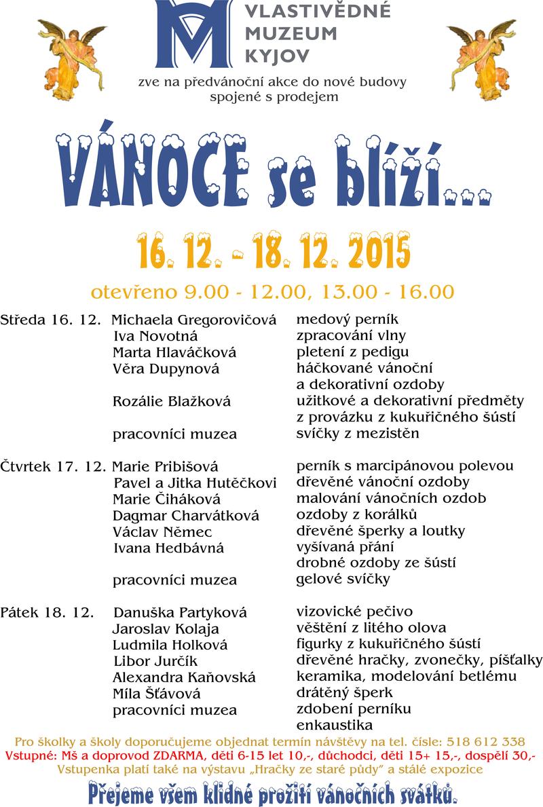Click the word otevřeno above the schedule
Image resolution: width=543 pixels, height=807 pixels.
136,292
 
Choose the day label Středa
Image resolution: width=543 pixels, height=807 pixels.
22,319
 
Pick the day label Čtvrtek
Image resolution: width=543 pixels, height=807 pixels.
28,466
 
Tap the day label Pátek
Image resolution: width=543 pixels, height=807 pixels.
20,612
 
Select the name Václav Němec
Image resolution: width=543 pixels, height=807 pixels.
162,531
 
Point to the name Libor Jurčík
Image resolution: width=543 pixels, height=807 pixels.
149,661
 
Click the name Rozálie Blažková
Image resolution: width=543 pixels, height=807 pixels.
172,401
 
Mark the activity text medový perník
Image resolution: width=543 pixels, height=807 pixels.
348,319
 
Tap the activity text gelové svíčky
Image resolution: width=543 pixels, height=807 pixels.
343,580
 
